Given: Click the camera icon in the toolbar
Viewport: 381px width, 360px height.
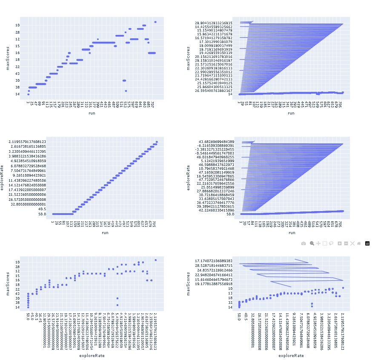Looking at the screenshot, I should (303, 243).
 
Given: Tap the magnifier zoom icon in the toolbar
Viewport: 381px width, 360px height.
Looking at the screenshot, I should (312, 243).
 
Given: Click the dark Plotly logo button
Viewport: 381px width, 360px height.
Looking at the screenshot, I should (367, 243).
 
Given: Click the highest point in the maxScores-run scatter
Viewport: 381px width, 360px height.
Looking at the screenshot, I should (155, 22).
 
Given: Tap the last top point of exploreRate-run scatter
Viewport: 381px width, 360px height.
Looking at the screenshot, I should (157, 142).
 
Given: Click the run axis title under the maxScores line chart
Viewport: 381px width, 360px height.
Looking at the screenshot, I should (291, 114).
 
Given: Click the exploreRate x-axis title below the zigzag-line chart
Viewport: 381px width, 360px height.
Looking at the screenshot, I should (292, 355).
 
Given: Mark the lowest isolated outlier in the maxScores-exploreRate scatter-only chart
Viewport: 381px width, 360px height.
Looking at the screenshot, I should (117, 304).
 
